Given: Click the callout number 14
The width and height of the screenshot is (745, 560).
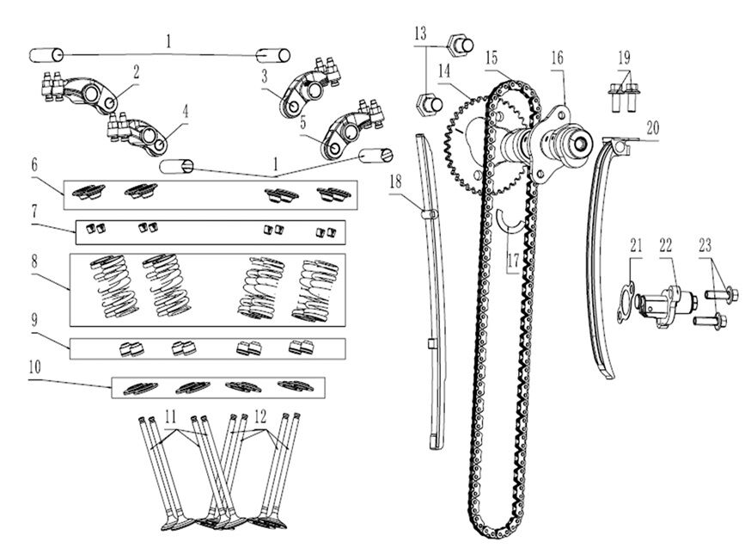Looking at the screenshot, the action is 444,71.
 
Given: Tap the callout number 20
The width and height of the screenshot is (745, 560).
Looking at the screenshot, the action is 653,127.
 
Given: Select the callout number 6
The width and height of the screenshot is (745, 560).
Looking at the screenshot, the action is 34,165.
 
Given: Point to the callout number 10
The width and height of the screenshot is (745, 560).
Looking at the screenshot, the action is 34,366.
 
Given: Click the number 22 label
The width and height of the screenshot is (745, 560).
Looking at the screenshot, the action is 666,245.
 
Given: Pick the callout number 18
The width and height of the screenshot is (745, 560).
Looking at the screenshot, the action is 395,182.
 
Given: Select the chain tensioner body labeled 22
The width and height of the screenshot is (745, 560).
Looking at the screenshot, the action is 665,305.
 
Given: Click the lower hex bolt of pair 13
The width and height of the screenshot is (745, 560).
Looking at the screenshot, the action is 429,105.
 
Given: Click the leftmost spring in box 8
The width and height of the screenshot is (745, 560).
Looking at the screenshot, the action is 114,286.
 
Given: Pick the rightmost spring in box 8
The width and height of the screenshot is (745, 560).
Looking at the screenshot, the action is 314,291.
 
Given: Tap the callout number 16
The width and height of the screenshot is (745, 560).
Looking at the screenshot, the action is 558,58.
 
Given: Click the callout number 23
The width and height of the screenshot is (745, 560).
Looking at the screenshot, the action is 705,245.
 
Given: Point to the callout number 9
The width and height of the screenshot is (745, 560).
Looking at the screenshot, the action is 34,320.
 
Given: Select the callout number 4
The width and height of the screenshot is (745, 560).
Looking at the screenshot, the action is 186,113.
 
